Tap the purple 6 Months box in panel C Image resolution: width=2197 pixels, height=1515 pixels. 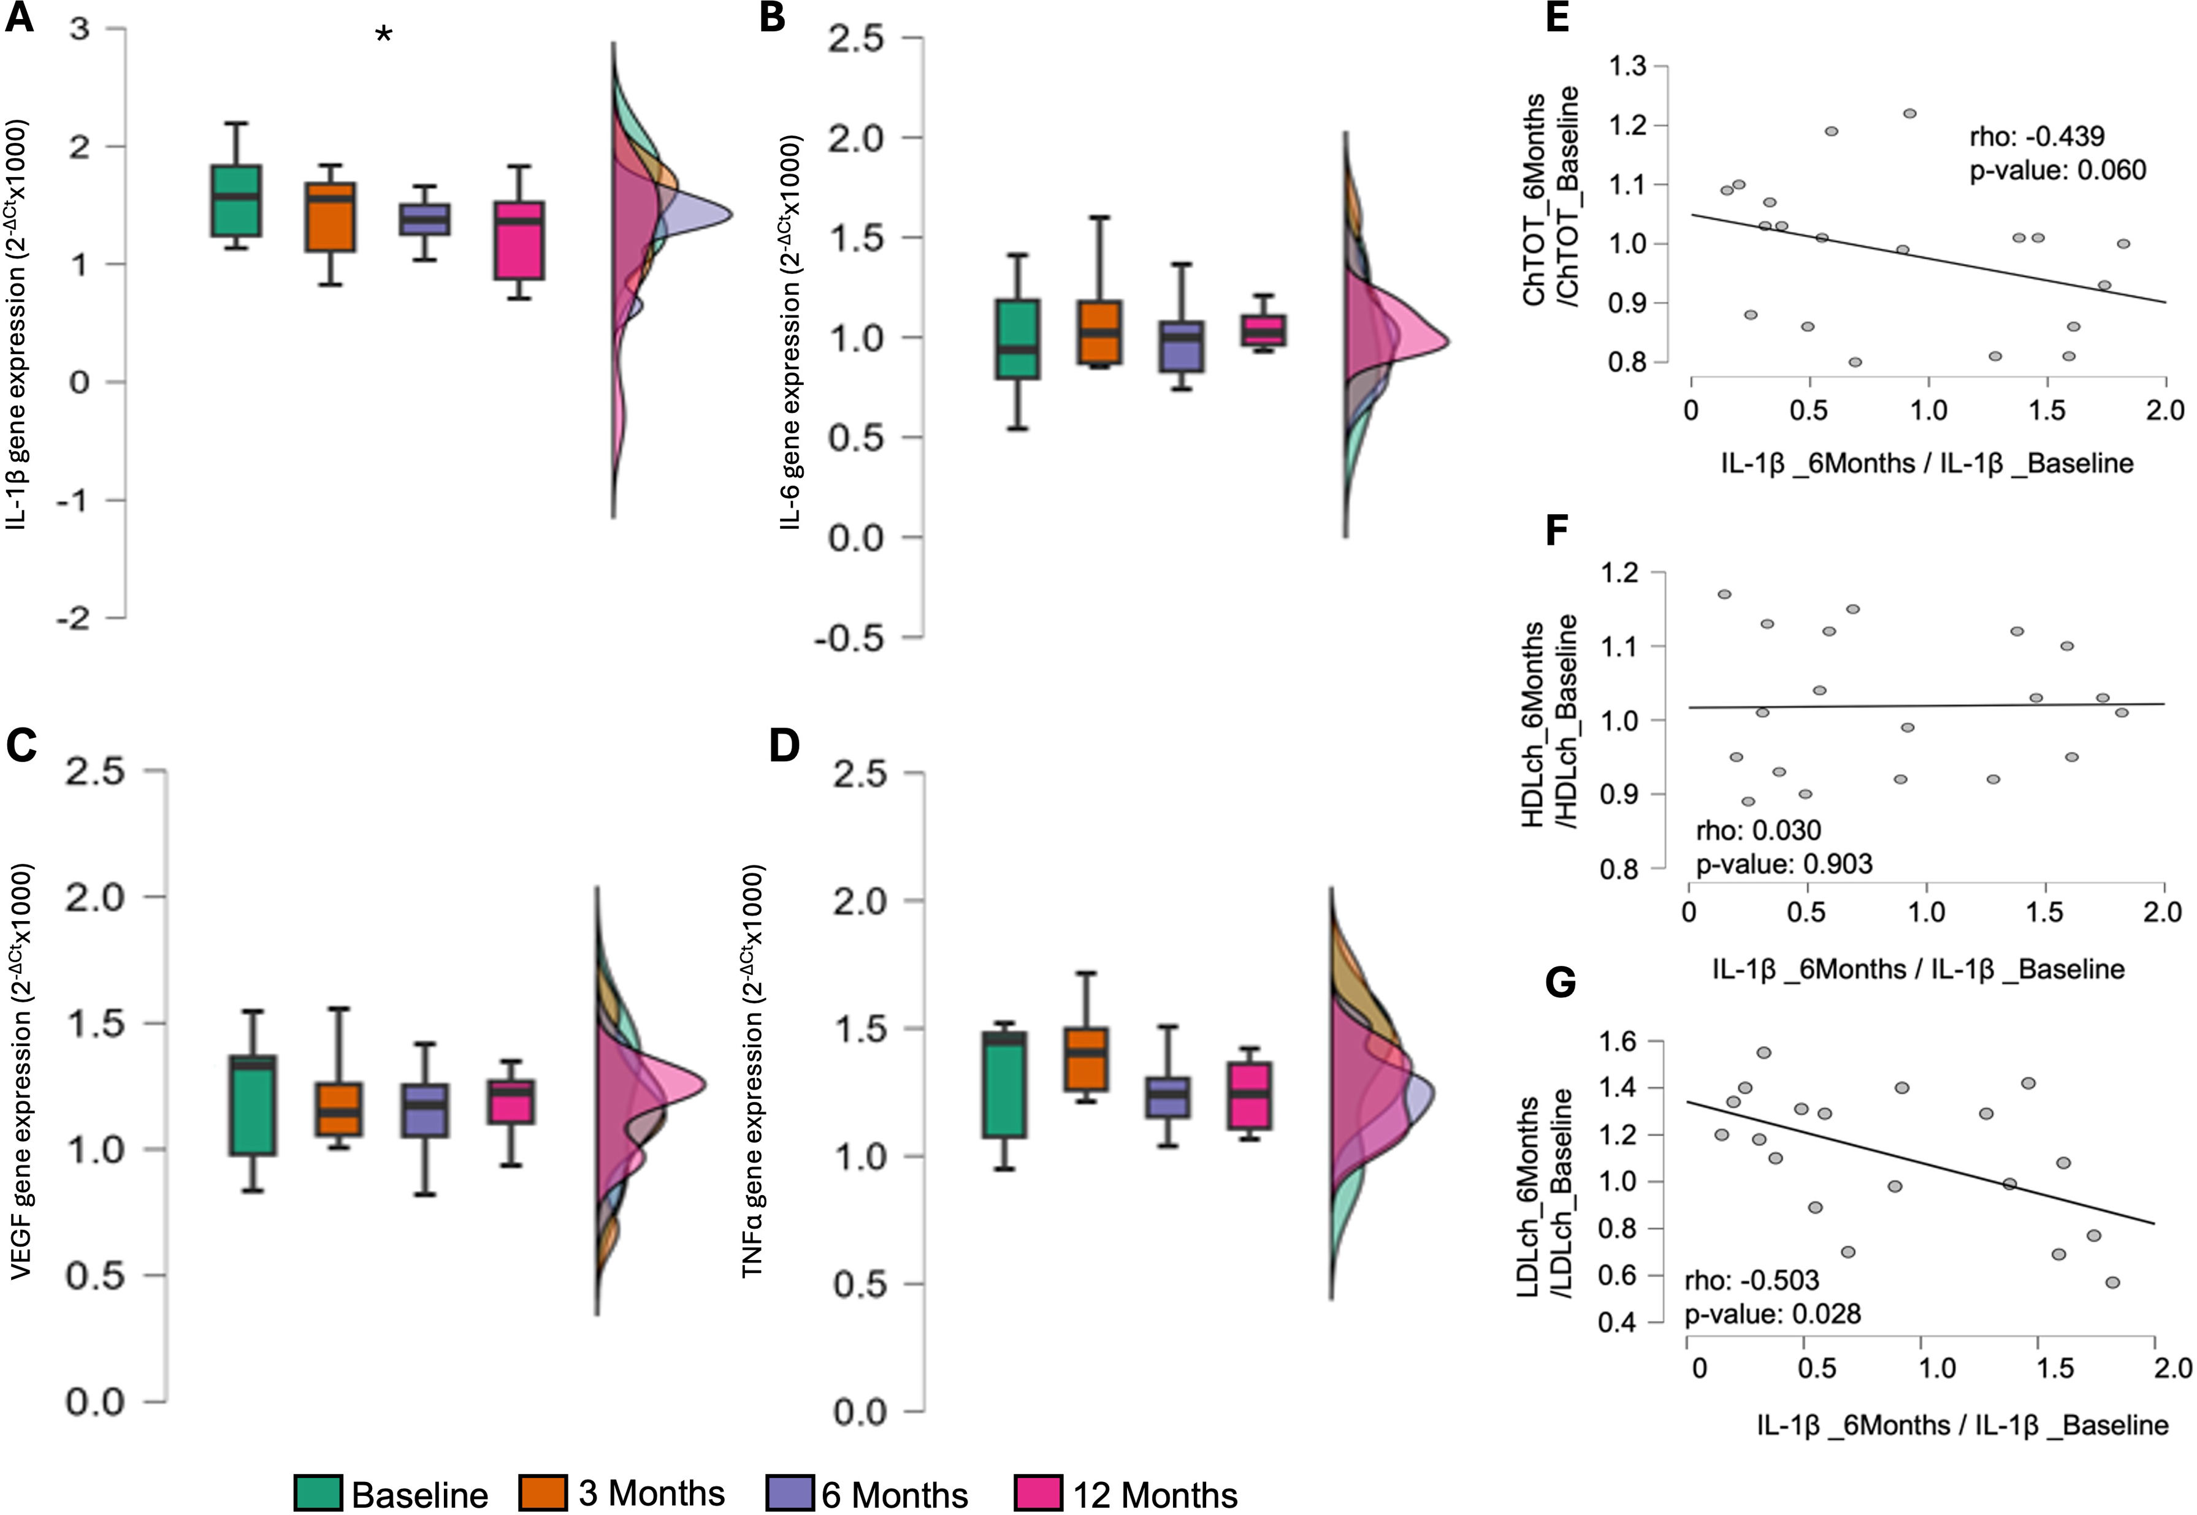[424, 1110]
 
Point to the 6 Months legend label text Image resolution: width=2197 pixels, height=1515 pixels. [895, 1494]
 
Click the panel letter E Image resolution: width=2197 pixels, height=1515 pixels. [1557, 18]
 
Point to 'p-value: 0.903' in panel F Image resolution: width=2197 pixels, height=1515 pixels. [1784, 864]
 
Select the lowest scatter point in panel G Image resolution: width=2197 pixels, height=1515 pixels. [2112, 1283]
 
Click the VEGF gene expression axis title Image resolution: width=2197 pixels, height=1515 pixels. [22, 1071]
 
